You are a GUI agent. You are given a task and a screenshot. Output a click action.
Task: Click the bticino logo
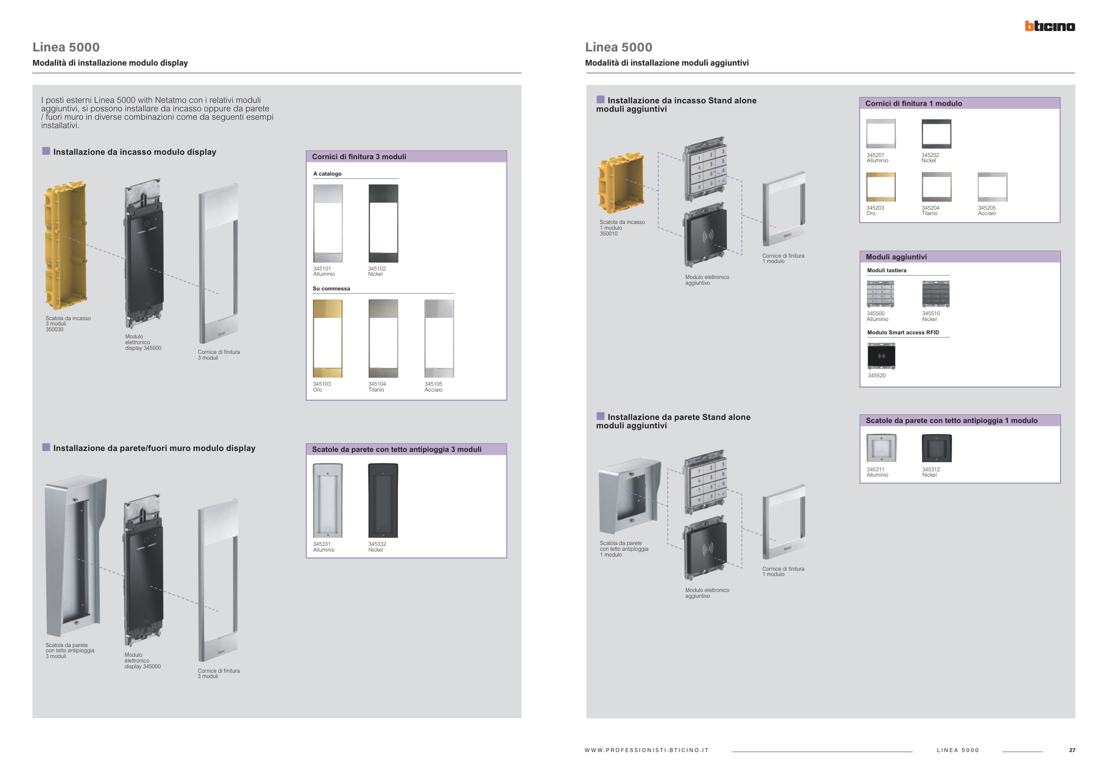(x=1049, y=26)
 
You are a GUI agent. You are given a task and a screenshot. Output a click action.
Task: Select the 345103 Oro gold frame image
(x=328, y=338)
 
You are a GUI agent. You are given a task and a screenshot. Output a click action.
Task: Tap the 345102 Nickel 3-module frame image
(x=384, y=223)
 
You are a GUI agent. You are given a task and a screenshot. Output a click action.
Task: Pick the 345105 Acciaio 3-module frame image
(x=439, y=338)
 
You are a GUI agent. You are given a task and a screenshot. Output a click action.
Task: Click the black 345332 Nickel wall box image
(x=383, y=501)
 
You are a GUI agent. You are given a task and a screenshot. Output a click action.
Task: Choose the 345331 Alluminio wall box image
(x=328, y=501)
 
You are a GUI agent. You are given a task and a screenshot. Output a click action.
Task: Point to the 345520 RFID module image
(x=881, y=356)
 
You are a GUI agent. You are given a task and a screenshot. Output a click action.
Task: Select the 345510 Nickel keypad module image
(x=936, y=294)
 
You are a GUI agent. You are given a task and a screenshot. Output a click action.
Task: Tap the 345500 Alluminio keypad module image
(x=880, y=294)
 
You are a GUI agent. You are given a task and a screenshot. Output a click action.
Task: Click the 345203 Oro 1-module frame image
(x=881, y=187)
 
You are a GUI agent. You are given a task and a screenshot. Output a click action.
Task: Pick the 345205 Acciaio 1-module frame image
(x=993, y=187)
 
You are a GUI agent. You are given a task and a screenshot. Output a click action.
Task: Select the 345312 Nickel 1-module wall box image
(x=936, y=448)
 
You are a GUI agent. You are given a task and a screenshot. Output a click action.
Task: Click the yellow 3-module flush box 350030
(x=66, y=245)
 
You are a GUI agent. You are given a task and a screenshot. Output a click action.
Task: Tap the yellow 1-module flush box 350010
(x=620, y=184)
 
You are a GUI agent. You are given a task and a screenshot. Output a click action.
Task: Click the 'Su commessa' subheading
(x=332, y=289)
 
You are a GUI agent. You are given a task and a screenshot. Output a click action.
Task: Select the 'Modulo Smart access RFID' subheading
(x=903, y=333)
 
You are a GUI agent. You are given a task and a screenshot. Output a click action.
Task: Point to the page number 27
(x=1072, y=750)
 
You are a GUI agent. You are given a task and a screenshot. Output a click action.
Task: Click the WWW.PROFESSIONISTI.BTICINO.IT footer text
(x=647, y=750)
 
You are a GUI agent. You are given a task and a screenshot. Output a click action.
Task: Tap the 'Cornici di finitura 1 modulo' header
(x=913, y=103)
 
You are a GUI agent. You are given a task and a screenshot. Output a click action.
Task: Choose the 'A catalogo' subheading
(x=328, y=174)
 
